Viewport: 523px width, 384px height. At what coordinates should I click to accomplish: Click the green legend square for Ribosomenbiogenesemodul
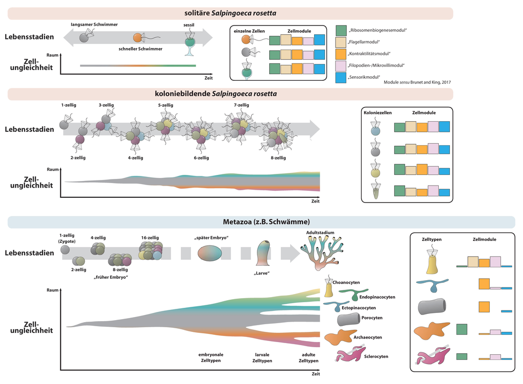[341, 30]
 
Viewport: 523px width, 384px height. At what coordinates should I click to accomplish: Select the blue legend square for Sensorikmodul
[341, 77]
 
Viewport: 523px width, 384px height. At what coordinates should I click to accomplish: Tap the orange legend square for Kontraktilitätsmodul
[341, 54]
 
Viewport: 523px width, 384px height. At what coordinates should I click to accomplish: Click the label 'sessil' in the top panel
[189, 25]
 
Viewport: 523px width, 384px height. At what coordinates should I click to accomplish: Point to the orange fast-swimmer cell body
[137, 37]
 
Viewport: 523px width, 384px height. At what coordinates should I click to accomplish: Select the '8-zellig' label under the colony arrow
[278, 158]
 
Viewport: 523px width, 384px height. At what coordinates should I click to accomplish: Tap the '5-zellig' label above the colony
[166, 105]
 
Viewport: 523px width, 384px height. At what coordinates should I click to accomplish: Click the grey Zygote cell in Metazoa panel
[65, 250]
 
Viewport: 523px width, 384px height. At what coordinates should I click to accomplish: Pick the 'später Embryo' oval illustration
[210, 253]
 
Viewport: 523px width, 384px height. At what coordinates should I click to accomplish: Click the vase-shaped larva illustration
[264, 253]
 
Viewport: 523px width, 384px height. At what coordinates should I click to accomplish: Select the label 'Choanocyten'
[346, 281]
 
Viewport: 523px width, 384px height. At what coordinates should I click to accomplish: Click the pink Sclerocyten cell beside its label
[348, 354]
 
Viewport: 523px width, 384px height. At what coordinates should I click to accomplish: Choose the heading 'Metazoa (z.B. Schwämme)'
[261, 221]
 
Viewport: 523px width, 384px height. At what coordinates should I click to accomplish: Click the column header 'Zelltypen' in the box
[432, 239]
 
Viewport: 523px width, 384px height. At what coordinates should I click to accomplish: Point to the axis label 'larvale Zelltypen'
[263, 357]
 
